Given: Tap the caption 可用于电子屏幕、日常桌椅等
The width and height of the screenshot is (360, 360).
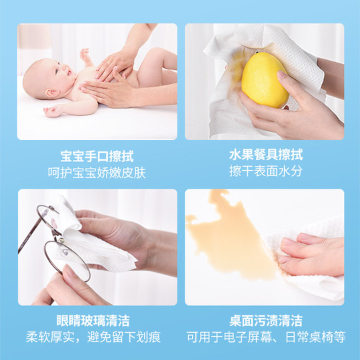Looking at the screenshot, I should pos(265,337).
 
